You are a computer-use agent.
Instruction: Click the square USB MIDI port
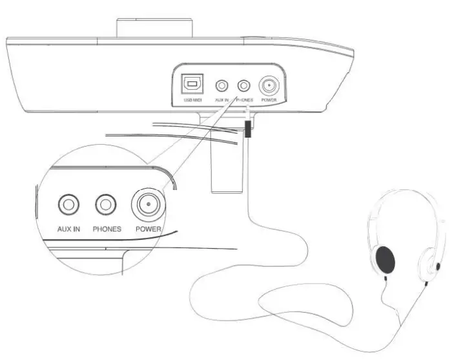pos(190,85)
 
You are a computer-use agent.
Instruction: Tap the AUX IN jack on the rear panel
pos(222,85)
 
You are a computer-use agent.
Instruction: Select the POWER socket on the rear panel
pos(267,85)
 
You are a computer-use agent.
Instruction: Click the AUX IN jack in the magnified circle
pos(68,206)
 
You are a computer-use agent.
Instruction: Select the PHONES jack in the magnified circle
pos(106,206)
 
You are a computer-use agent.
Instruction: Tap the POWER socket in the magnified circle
pos(148,206)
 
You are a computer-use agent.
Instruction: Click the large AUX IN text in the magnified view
pos(68,229)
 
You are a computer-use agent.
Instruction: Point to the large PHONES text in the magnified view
pos(107,229)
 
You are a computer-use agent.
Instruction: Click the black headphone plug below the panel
pos(247,131)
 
